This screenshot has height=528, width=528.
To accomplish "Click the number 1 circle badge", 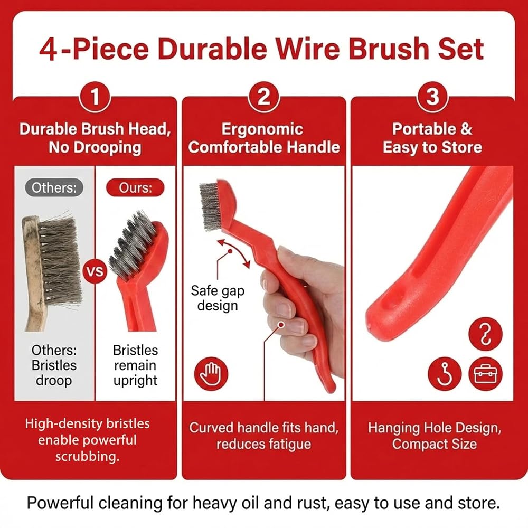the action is (x=95, y=97).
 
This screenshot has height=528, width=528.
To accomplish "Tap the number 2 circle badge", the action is (x=264, y=97).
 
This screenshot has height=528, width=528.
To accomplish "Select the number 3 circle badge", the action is (x=433, y=97).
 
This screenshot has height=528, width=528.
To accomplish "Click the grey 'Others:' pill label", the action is (x=54, y=187).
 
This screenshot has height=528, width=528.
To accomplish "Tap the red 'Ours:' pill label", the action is (x=135, y=187).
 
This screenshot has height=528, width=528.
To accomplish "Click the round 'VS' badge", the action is (x=95, y=271).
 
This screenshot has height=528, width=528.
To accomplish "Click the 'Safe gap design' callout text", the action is (x=218, y=298).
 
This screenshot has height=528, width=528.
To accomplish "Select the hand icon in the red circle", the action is (x=211, y=374).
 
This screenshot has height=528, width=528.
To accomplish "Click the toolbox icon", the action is (x=485, y=374).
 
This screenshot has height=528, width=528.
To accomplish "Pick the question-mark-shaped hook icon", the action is (x=485, y=334).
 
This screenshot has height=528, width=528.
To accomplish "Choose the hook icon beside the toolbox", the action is (x=445, y=374).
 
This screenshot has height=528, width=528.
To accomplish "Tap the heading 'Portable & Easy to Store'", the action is (x=432, y=138).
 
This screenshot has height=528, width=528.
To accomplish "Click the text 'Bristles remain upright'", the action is (x=135, y=365).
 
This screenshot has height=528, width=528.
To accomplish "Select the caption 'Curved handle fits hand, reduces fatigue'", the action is (x=263, y=436).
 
